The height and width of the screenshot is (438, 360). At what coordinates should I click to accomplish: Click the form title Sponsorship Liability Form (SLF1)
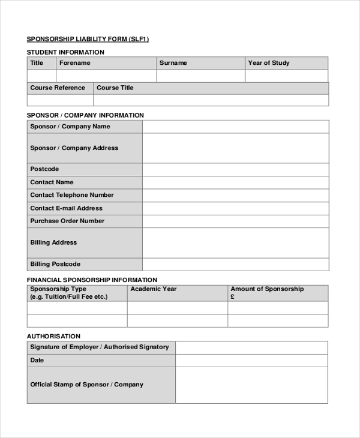[88, 39]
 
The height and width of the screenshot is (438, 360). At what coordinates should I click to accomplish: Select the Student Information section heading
[65, 52]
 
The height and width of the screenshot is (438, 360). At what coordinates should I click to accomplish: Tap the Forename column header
[74, 63]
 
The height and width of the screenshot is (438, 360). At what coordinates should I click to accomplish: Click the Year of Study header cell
[269, 63]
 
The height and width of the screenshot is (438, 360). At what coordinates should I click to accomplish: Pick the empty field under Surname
[200, 76]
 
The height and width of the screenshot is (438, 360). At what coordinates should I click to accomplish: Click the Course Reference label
[58, 88]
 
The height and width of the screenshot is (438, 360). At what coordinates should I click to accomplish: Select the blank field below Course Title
[211, 100]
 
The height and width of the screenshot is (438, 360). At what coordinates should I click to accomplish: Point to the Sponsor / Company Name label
[70, 127]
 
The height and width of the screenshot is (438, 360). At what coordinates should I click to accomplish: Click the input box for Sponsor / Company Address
[235, 148]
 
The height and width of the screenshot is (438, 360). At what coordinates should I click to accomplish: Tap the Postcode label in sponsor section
[44, 169]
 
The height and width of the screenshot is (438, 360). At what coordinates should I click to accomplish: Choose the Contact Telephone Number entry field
[235, 195]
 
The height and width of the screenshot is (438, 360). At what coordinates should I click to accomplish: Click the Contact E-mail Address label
[67, 208]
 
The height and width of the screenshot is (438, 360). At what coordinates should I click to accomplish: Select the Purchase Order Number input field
[235, 221]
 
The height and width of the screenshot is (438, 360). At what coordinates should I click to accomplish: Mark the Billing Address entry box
[235, 242]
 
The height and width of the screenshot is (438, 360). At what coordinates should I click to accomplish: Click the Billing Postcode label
[55, 264]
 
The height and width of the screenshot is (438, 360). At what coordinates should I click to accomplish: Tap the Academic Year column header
[154, 289]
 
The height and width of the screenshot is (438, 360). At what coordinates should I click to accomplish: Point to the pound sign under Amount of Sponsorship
[233, 296]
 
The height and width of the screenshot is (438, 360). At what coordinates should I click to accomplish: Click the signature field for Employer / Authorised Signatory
[251, 347]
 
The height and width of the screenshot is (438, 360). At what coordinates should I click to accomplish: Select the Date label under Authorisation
[37, 361]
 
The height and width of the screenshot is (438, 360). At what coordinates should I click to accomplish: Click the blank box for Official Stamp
[251, 385]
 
